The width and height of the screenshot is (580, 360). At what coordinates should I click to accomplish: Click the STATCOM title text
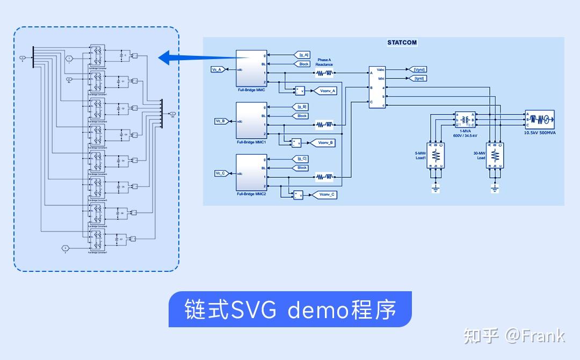coord(402,42)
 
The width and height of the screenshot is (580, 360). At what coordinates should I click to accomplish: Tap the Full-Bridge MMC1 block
coord(251,121)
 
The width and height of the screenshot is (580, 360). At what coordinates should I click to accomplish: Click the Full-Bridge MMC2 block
coord(251,173)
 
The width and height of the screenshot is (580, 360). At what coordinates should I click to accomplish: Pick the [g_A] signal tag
coord(303,55)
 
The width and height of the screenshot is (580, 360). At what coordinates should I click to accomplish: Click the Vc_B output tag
coord(221,121)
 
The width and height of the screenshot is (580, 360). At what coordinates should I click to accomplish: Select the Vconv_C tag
coord(327,195)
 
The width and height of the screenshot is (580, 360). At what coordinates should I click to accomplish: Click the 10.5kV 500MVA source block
coord(539,118)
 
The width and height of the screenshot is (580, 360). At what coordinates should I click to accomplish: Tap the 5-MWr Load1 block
coord(436,155)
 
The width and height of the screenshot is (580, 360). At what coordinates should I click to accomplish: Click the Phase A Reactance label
coord(324,62)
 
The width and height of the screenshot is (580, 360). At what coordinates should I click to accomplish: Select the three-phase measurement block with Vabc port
coord(377,87)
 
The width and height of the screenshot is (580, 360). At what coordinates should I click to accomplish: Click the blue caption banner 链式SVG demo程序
coord(290,309)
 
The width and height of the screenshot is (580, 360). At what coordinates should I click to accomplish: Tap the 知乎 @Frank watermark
coord(514,336)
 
